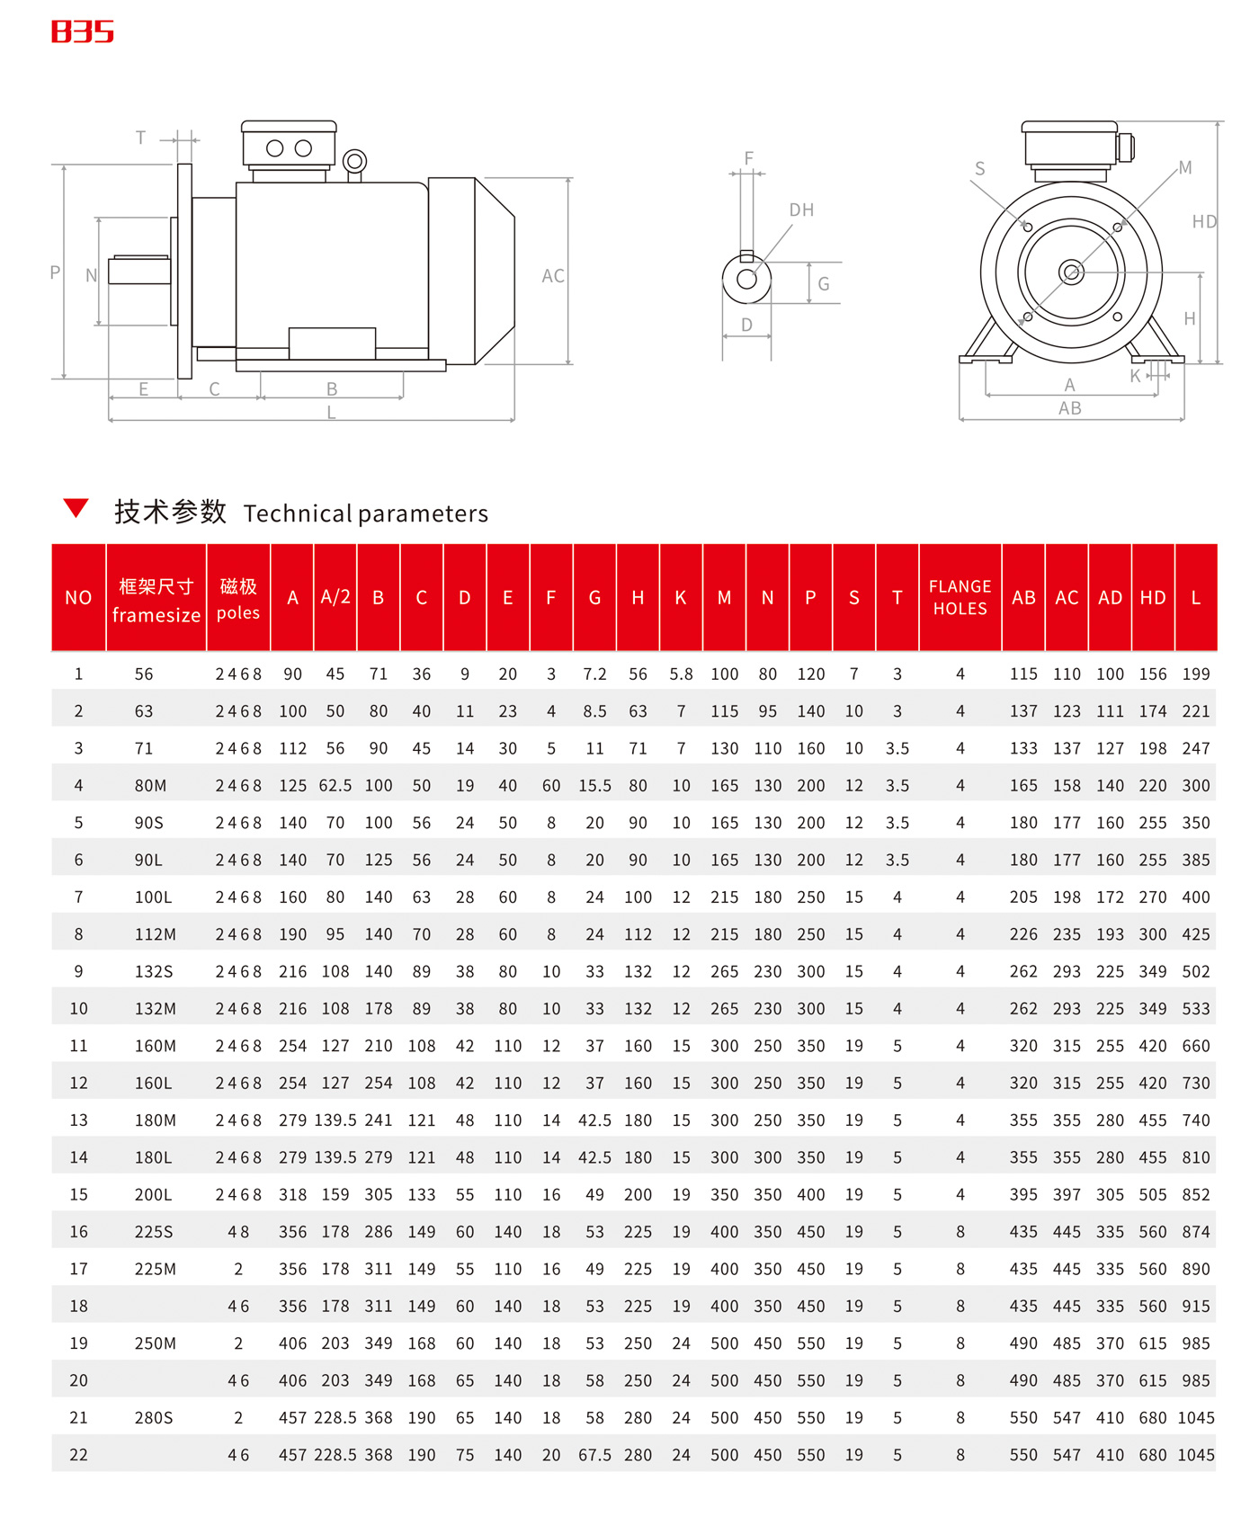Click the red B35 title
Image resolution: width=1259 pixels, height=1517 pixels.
[83, 32]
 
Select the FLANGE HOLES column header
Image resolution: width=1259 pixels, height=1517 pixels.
[960, 597]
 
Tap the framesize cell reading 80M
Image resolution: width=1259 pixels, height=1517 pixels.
[150, 786]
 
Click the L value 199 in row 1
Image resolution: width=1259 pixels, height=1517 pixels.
[1195, 674]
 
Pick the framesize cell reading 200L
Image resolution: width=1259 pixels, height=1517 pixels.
[153, 1195]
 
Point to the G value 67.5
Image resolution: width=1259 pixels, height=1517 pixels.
[594, 1455]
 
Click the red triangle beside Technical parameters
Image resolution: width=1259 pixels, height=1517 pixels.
[76, 508]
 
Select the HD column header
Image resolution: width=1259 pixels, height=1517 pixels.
[1153, 598]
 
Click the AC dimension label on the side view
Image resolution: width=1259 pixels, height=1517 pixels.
[553, 276]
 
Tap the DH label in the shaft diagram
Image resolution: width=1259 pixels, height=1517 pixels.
[801, 210]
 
